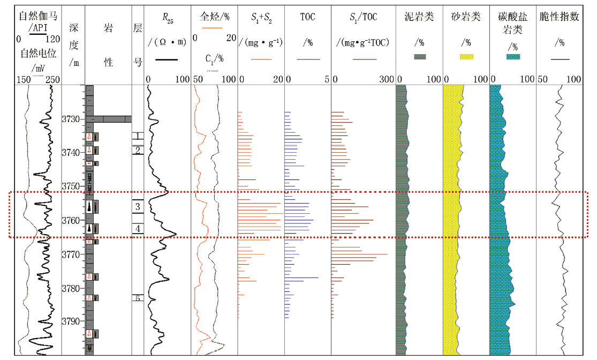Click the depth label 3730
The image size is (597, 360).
pos(71,119)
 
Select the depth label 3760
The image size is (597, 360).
pos(71,221)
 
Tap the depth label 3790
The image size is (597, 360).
pos(71,321)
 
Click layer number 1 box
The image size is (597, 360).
pos(138,136)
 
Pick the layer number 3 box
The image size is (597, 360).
pos(138,206)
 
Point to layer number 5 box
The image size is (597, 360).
pos(138,298)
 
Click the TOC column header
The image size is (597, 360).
pos(308,17)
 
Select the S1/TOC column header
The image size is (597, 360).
pos(363,17)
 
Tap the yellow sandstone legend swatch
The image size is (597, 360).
pos(466,57)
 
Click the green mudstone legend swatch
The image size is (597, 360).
pos(420,57)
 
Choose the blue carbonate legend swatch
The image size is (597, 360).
pos(513,57)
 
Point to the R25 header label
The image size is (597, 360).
pos(168,18)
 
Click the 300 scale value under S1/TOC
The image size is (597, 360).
pos(387,79)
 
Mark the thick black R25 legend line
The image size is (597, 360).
pos(167,59)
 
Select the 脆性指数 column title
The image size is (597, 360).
pos(560,17)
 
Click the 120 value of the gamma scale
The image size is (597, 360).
pos(52,39)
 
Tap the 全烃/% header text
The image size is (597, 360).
pos(215,17)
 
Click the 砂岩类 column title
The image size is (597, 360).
pos(466,17)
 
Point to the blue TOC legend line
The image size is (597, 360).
pos(308,59)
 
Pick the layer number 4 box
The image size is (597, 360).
pos(138,229)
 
